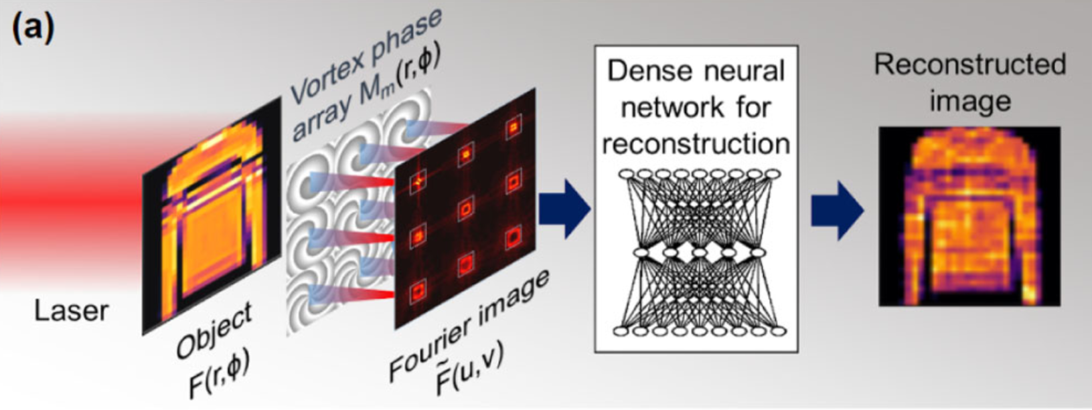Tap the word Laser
[72, 311]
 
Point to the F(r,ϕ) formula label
[220, 375]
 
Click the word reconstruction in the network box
[696, 144]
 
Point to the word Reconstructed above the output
[969, 65]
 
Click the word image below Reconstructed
[969, 102]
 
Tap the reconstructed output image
[969, 216]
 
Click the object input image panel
[211, 214]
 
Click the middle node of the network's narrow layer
[699, 253]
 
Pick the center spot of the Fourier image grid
[466, 209]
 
